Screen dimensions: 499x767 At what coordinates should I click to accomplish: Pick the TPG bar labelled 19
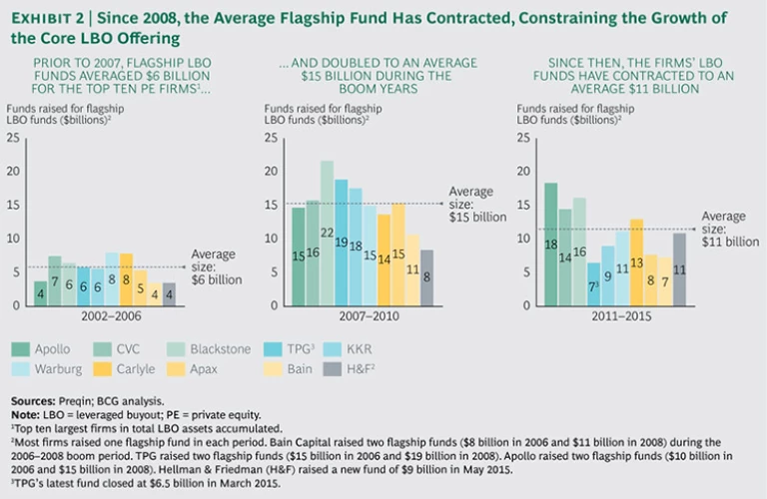(x=341, y=243)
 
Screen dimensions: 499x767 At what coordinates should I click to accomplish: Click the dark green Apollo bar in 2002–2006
(x=40, y=292)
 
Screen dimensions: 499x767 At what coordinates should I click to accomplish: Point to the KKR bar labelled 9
(x=608, y=274)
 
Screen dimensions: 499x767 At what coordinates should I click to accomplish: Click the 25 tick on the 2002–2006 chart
(x=12, y=137)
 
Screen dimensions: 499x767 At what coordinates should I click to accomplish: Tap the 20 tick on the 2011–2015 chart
(x=525, y=171)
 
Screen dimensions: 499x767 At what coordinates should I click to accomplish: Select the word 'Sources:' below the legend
(x=31, y=398)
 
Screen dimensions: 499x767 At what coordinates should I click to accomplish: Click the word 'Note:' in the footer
(x=25, y=411)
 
